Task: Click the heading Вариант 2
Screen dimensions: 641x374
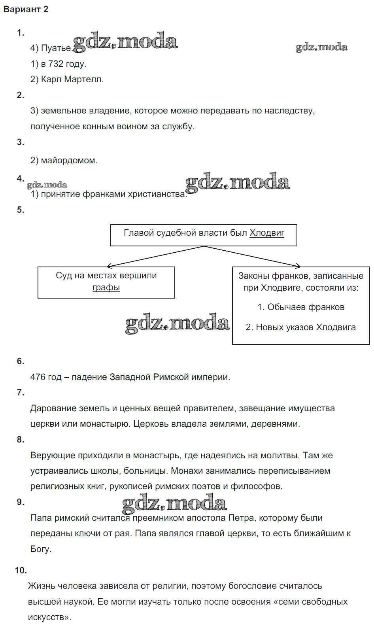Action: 26,9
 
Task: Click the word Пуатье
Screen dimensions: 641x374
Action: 56,48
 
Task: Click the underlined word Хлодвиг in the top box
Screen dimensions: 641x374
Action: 267,233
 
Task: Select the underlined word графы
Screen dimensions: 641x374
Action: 106,287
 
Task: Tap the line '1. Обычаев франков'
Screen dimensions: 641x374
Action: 301,307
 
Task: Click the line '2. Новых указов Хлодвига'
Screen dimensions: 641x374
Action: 301,327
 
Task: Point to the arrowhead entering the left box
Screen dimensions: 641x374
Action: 109,266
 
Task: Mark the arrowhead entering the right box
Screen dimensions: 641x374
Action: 298,266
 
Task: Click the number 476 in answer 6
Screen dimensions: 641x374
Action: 38,377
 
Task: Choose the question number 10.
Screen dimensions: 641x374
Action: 21,570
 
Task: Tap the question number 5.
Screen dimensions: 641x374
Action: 21,210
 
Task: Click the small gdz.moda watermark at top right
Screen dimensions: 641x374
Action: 321,47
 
